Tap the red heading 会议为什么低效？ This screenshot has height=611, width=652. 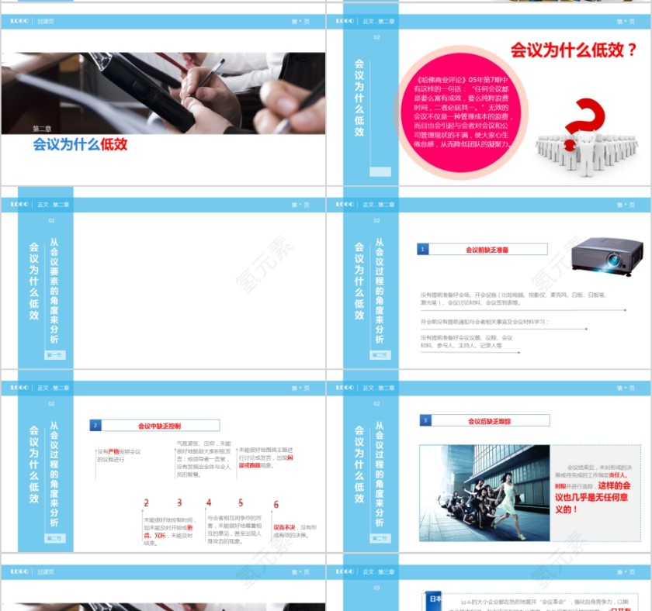pos(573,50)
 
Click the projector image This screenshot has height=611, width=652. pos(607,257)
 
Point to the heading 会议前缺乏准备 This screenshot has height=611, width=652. pos(487,250)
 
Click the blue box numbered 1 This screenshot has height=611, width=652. pos(423,250)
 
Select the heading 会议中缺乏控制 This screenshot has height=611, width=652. pos(159,426)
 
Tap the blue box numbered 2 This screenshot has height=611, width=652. pos(95,426)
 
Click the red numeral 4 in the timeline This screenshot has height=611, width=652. pos(209,503)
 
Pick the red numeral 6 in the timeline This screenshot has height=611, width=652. pos(276,505)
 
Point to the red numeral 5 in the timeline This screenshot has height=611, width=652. pos(241,503)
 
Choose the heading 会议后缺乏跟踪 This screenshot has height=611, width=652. pos(489,421)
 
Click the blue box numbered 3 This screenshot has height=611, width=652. pos(425,421)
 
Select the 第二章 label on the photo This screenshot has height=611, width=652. pos(42,129)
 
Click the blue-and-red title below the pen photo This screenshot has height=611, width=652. pos(80,144)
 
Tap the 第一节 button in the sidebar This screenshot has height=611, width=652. pos(55,355)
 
